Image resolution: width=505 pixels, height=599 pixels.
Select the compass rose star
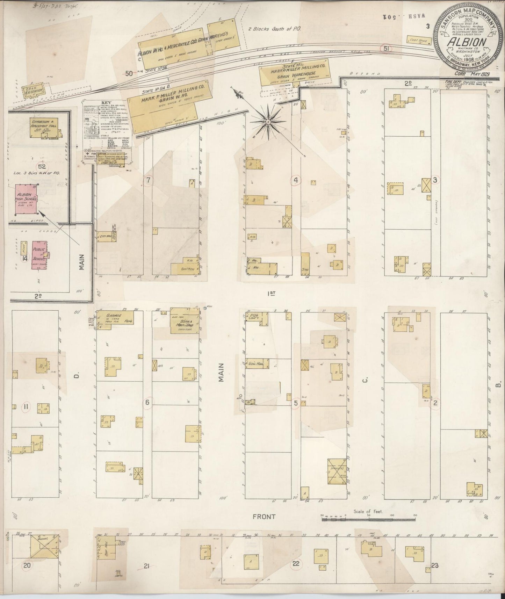268,122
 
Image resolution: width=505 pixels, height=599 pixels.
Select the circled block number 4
296,180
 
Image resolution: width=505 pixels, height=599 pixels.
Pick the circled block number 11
26,407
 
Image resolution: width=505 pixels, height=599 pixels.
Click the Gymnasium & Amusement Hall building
44,128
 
